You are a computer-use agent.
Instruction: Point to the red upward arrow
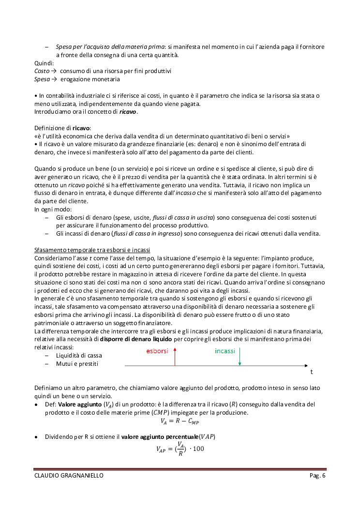click(x=175, y=357)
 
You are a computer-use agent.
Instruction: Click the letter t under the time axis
click(x=311, y=372)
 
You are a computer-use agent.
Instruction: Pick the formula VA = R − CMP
click(x=180, y=421)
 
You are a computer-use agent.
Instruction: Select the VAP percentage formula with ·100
click(x=180, y=449)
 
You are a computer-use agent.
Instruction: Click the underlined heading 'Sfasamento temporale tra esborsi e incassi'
click(x=92, y=250)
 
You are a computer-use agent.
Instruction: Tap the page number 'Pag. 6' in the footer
click(x=318, y=476)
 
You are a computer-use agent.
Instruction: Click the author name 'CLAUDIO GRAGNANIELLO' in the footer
click(x=69, y=476)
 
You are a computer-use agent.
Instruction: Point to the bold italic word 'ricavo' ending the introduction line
click(x=128, y=112)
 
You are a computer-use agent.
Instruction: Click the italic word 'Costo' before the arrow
click(x=42, y=71)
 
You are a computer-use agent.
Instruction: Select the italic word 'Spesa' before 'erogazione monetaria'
click(x=42, y=79)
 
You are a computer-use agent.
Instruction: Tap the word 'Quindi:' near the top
click(x=44, y=63)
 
